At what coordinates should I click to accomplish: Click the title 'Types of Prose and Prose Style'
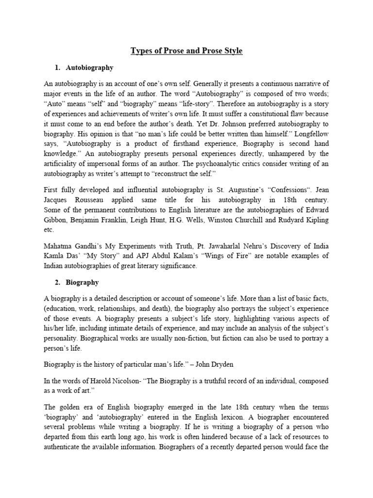coord(186,50)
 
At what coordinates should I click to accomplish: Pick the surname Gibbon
coord(55,220)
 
